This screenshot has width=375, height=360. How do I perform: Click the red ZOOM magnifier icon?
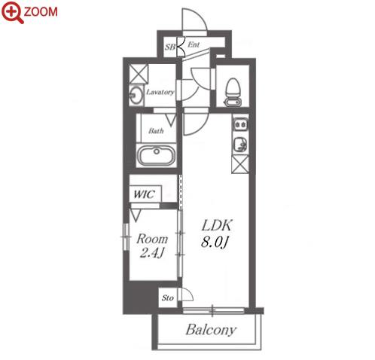pyautogui.click(x=12, y=12)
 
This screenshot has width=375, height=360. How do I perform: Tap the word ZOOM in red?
pyautogui.click(x=41, y=12)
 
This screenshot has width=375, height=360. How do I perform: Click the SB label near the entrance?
pyautogui.click(x=170, y=47)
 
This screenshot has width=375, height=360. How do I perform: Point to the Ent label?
pyautogui.click(x=194, y=44)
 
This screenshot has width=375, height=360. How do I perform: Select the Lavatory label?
pyautogui.click(x=160, y=92)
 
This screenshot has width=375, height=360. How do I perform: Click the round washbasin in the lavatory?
pyautogui.click(x=136, y=96)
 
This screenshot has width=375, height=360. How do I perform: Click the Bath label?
pyautogui.click(x=156, y=130)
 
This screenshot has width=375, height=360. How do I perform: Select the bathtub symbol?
pyautogui.click(x=157, y=155)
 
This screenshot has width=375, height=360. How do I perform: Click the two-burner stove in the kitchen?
pyautogui.click(x=240, y=124)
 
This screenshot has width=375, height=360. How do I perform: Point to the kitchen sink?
pyautogui.click(x=240, y=145)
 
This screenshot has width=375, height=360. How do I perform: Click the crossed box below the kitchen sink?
pyautogui.click(x=240, y=164)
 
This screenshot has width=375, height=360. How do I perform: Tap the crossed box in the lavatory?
pyautogui.click(x=139, y=74)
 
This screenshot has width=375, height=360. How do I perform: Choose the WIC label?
pyautogui.click(x=144, y=194)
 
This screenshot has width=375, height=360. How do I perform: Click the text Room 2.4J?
pyautogui.click(x=152, y=246)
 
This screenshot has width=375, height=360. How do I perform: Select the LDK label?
pyautogui.click(x=217, y=225)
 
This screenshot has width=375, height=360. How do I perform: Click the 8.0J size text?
pyautogui.click(x=215, y=243)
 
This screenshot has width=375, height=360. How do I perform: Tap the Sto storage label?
pyautogui.click(x=168, y=298)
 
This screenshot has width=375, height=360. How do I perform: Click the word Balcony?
pyautogui.click(x=211, y=330)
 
